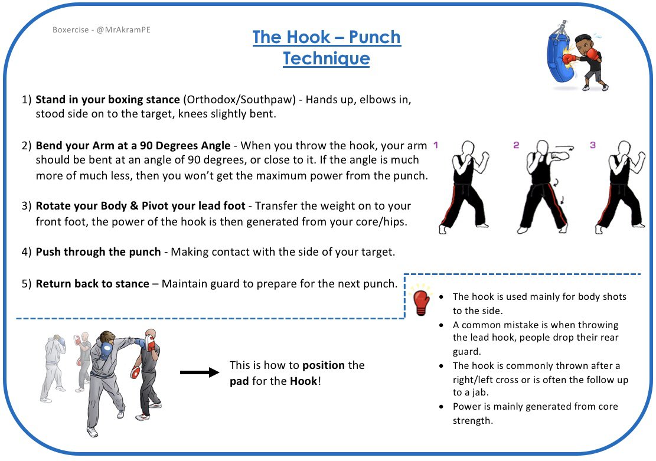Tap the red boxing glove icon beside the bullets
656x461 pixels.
point(420,302)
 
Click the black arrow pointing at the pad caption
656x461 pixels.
point(199,372)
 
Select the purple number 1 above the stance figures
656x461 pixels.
point(436,144)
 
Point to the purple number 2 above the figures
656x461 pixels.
point(515,145)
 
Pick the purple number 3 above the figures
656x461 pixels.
point(592,145)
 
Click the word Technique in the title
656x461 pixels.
point(326,59)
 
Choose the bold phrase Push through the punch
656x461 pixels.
point(98,252)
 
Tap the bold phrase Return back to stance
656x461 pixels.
point(92,284)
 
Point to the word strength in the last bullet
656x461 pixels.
point(472,420)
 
